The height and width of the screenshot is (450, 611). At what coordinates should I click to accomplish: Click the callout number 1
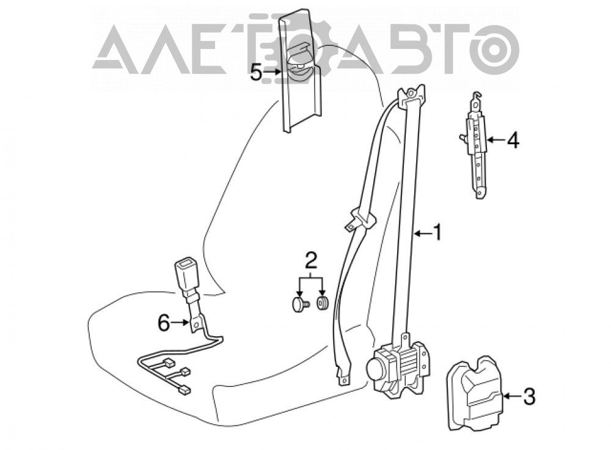438,232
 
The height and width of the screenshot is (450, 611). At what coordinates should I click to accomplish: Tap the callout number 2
310,261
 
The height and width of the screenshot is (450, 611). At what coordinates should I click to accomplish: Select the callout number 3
529,397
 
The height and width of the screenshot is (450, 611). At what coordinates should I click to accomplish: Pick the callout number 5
256,72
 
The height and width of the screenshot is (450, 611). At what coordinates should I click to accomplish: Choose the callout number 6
164,323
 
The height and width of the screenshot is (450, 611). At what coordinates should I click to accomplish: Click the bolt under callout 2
300,303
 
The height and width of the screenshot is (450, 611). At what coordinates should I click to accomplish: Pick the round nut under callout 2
323,303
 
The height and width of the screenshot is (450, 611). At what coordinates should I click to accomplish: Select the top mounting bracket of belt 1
411,95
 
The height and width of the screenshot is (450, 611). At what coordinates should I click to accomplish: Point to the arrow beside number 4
496,139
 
